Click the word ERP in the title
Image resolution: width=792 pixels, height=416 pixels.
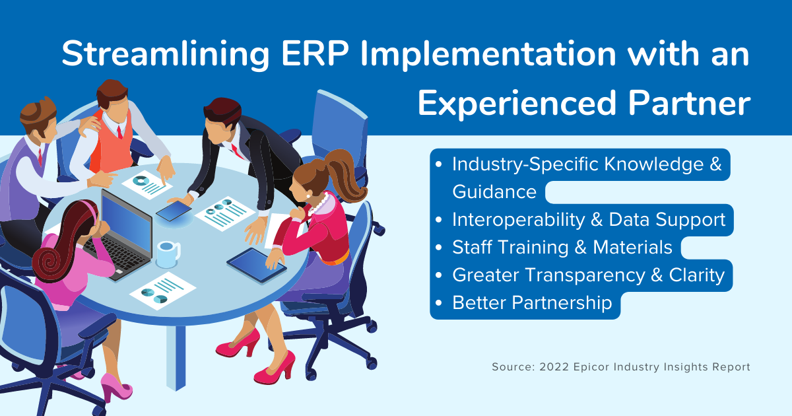[x=315, y=53]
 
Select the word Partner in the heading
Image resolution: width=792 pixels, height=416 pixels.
[x=689, y=103]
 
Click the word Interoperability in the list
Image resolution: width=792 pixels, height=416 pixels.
[x=519, y=220]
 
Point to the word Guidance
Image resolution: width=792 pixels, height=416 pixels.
[x=494, y=192]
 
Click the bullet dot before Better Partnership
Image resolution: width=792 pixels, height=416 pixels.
[x=439, y=303]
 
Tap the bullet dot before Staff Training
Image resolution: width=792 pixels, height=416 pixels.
[x=439, y=247]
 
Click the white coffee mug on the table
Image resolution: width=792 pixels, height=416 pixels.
[x=168, y=254]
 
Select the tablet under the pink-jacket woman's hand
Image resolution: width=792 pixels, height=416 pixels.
[x=256, y=265]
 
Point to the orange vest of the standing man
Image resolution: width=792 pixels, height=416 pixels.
[x=113, y=143]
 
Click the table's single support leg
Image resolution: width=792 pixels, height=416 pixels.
[x=176, y=357]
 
